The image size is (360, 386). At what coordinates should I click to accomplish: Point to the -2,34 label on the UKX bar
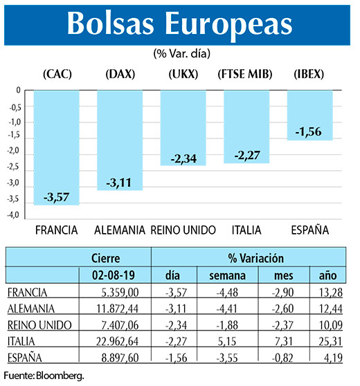183,159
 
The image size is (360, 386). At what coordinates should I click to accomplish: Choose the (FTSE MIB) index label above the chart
245,74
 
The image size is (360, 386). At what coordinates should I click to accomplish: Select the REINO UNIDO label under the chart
183,230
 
